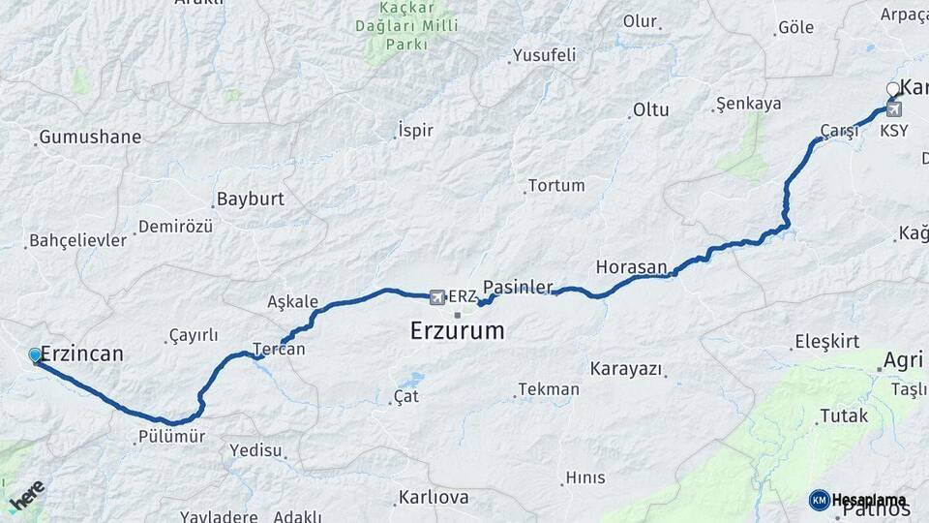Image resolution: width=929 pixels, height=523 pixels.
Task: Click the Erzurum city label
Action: point(457,331)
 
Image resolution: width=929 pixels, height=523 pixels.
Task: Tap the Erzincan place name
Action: point(83,354)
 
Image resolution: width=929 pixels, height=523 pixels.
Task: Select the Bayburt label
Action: point(251,200)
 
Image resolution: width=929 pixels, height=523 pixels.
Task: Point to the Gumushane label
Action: point(89,138)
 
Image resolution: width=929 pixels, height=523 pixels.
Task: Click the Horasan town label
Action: point(632,267)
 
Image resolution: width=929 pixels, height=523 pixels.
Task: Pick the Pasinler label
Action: point(518,287)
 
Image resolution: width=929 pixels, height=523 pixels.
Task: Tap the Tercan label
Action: point(279,349)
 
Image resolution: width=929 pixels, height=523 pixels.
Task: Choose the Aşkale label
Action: point(292,302)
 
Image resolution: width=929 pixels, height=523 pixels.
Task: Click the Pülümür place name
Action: point(170,437)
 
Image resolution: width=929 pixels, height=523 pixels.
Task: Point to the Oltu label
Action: point(650,110)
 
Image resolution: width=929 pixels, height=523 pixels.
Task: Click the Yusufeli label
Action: point(544,54)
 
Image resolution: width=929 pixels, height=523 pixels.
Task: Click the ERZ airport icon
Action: point(437,295)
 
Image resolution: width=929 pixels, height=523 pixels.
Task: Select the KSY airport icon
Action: point(893,110)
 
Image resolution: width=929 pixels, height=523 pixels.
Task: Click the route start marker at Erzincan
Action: point(36,355)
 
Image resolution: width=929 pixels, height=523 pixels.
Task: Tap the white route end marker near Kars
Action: point(893,90)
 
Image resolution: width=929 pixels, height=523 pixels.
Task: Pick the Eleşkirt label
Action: point(826,341)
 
